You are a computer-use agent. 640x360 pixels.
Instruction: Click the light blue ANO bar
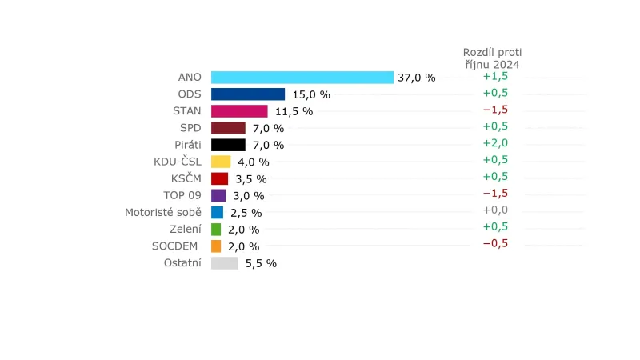tap(302, 78)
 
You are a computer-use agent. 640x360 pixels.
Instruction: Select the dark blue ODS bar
tap(248, 94)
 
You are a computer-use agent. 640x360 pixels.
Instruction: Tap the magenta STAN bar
tap(239, 111)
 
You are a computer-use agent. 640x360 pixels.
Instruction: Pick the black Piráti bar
tap(228, 145)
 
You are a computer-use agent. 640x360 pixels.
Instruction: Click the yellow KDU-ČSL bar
tap(221, 162)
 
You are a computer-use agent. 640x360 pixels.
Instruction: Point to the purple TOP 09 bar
tap(218, 195)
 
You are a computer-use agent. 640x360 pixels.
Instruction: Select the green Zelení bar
tap(216, 230)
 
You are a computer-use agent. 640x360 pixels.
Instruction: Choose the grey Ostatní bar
tap(225, 263)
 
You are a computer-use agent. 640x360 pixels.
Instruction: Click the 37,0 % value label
tap(417, 78)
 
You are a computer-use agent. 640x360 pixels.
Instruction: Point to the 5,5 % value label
tap(261, 263)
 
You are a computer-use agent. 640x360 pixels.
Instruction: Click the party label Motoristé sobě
tap(163, 212)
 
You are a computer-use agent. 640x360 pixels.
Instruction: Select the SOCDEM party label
tap(175, 246)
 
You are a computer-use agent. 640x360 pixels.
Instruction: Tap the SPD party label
tap(190, 128)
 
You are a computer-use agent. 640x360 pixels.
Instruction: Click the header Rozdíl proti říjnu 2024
tap(491, 58)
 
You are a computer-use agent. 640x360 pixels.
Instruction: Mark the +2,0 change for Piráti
tap(495, 143)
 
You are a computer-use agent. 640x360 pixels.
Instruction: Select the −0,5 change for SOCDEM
tap(495, 244)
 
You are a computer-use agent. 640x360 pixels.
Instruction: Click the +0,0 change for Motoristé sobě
tap(495, 210)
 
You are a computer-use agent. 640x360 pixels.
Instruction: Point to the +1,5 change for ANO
tap(495, 76)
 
